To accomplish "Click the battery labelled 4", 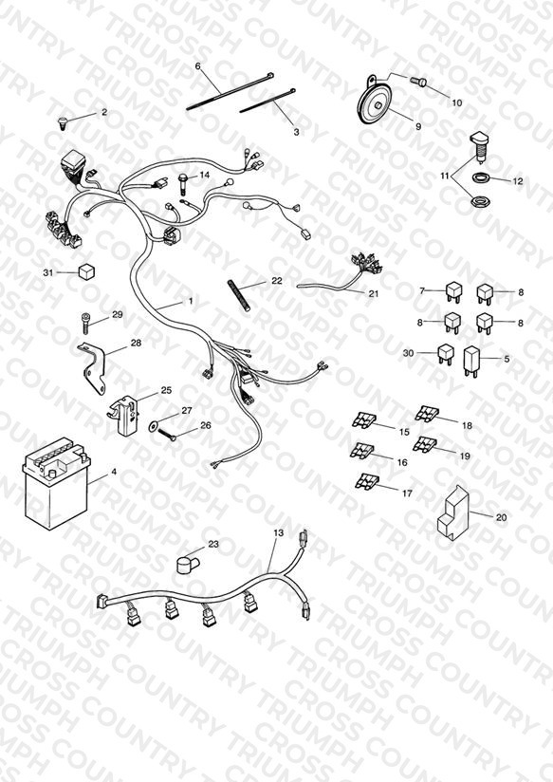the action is (x=56, y=485).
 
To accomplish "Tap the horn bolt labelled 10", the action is (x=418, y=81).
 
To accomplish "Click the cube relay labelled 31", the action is (x=86, y=272).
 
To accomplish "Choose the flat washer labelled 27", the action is (x=153, y=426).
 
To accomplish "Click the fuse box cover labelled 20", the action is (x=453, y=512).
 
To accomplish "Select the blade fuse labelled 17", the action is (x=366, y=481).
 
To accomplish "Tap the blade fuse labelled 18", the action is (x=428, y=414).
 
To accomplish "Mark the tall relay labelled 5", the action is (x=471, y=361).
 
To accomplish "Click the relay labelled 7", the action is (x=453, y=292).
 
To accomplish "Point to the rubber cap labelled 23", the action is (x=188, y=565).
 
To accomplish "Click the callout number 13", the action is (x=278, y=532).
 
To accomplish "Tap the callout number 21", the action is (x=374, y=294).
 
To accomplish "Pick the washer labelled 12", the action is (x=481, y=177).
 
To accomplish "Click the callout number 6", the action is (x=198, y=66).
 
